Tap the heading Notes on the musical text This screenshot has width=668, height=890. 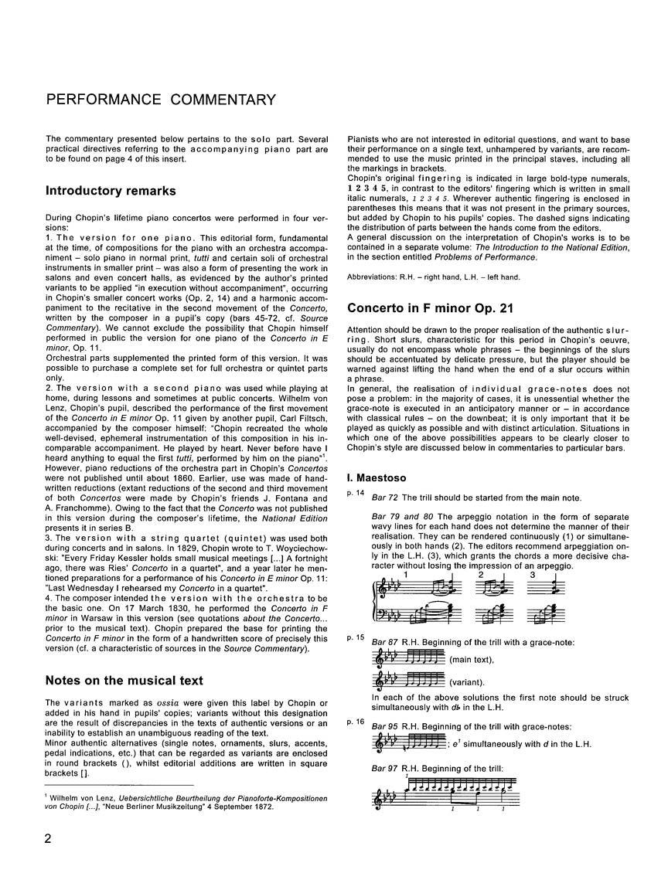[x=123, y=681]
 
